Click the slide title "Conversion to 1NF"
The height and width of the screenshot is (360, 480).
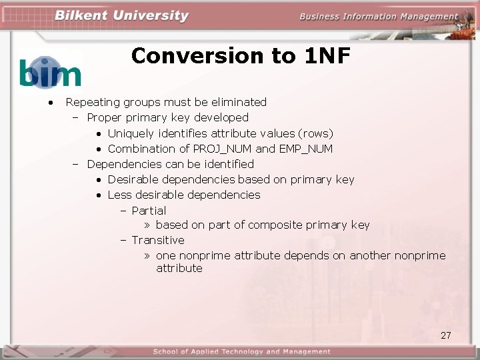pos(241,56)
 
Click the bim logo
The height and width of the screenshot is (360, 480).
pos(50,72)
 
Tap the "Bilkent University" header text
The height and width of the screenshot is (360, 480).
pos(122,16)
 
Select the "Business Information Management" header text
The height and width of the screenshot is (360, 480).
pos(379,17)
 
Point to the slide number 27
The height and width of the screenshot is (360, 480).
pos(446,335)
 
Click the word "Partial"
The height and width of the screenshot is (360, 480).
pos(149,210)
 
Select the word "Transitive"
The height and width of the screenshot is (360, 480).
pos(158,240)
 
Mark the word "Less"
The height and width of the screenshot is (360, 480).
pos(120,195)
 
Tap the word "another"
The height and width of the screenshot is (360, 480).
pos(370,255)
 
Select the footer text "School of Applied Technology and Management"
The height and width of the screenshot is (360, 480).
pos(241,351)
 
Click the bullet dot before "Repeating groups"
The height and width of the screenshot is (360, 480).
pos(49,103)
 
